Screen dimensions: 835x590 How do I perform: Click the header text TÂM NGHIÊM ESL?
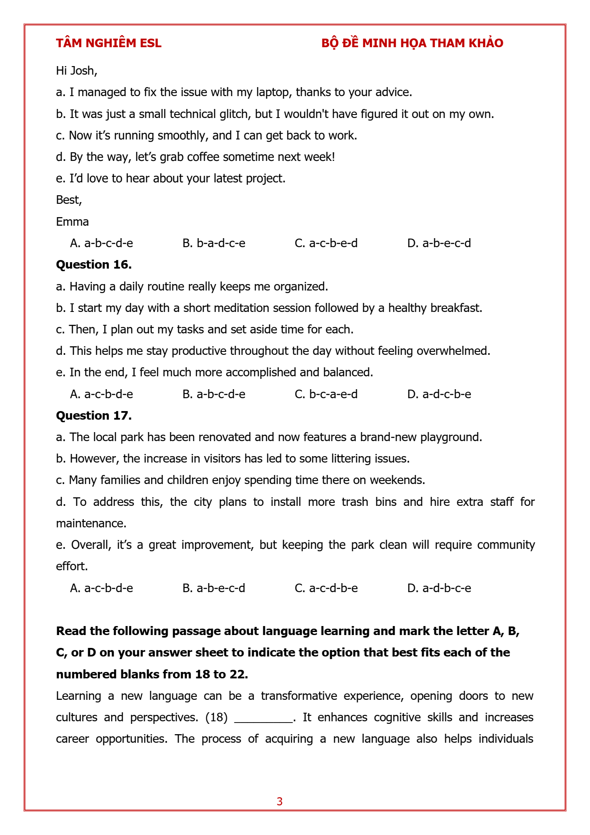coord(108,43)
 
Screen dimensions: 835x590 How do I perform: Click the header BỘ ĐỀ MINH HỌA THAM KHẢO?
coord(412,43)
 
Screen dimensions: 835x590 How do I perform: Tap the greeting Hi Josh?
coord(76,71)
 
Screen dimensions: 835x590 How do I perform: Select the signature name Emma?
coord(72,222)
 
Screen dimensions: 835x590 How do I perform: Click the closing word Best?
coord(69,200)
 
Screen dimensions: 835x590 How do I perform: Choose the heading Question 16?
coord(94,265)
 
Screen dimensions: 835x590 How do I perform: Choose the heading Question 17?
coord(94,416)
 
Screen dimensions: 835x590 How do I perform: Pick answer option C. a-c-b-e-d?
coord(326,243)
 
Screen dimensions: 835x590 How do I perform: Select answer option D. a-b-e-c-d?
coord(439,243)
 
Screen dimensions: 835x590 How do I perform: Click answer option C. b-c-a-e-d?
coord(326,394)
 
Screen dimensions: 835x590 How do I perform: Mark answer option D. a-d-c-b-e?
coord(439,394)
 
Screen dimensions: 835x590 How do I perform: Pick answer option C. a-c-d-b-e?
coord(326,588)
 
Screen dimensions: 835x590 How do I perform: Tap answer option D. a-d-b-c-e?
coord(439,588)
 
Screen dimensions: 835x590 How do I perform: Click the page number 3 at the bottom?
coord(280,802)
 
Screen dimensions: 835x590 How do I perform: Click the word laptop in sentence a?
coord(272,92)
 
